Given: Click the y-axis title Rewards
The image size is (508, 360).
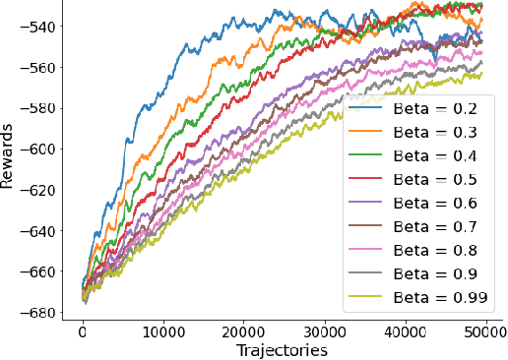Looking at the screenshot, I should (10, 162).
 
